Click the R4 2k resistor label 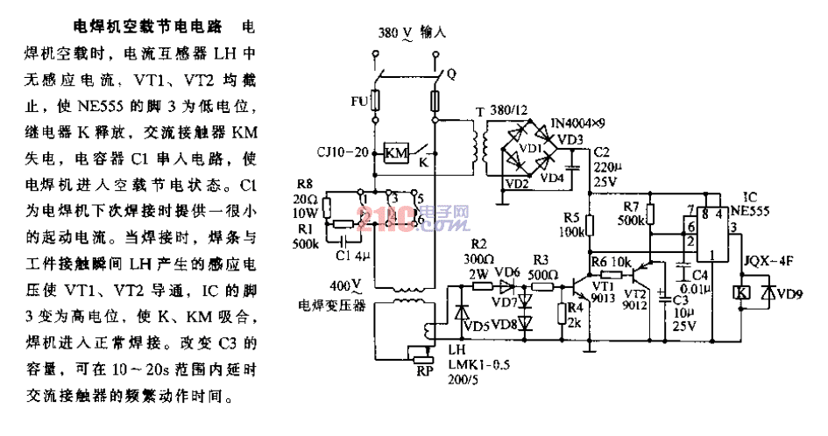click(575, 314)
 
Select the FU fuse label click(359, 102)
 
